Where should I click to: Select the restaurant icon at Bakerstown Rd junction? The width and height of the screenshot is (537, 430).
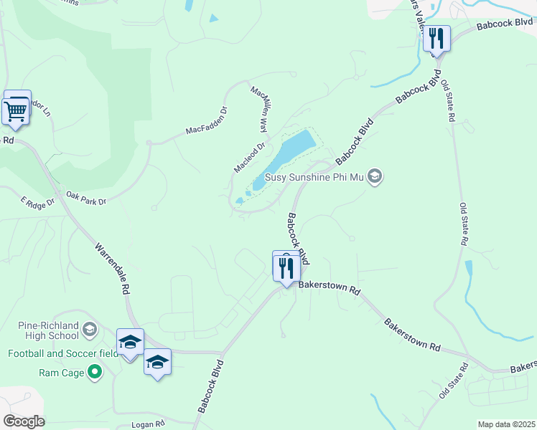click(286, 268)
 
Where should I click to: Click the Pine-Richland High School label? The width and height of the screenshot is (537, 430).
click(48, 330)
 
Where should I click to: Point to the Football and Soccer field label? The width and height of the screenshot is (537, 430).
click(63, 353)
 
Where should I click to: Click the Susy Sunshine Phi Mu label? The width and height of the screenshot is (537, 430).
click(315, 176)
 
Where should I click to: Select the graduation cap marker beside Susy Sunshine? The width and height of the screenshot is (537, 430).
click(374, 176)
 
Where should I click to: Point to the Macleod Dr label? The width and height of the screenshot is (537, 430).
click(249, 157)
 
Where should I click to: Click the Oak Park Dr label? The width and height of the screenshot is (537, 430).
click(86, 198)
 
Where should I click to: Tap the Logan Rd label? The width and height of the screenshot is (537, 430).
click(149, 424)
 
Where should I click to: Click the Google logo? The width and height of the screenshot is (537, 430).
click(23, 421)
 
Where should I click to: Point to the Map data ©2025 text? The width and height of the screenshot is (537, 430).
click(506, 424)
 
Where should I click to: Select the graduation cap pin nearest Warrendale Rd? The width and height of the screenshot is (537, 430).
click(130, 342)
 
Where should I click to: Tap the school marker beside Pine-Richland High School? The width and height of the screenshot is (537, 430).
click(90, 330)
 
